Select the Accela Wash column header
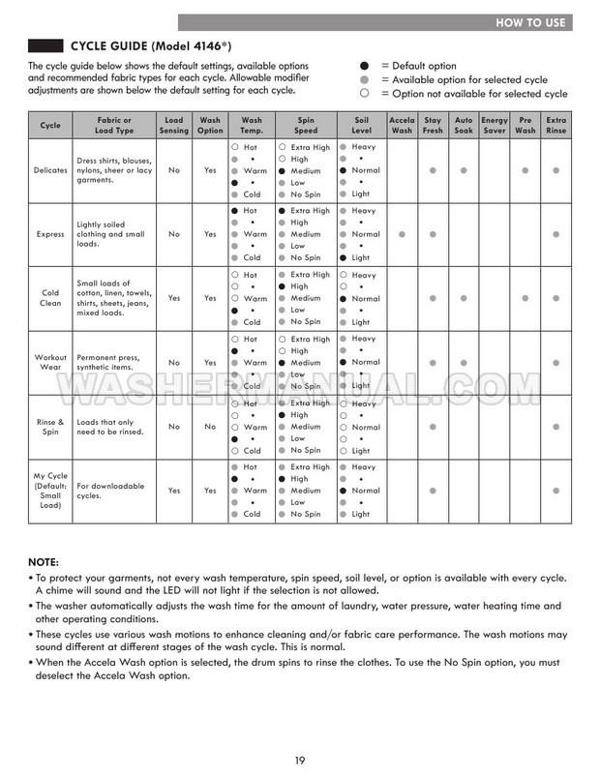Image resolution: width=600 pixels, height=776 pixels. click(x=402, y=125)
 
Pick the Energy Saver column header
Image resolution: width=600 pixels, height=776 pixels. click(x=495, y=125)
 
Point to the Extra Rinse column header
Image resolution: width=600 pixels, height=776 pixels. click(x=555, y=125)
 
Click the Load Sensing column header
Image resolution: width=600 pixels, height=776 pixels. click(x=174, y=125)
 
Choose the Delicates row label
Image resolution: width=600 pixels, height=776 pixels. click(x=49, y=170)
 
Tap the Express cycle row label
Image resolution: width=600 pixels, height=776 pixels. click(x=49, y=234)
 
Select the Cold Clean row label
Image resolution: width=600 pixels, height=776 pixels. click(x=49, y=298)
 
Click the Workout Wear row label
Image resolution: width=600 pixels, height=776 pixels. click(x=49, y=363)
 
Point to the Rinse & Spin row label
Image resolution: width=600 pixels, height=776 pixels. click(x=49, y=427)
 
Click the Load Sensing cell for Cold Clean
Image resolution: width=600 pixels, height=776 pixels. click(x=174, y=298)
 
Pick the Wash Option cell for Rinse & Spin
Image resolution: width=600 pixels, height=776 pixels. click(x=211, y=427)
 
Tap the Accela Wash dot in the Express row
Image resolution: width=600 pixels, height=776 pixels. click(x=402, y=234)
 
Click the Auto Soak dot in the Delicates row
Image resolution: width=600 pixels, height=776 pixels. click(x=464, y=170)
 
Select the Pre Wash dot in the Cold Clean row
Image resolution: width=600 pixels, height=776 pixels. click(x=525, y=298)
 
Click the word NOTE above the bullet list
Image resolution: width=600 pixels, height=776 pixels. click(x=44, y=562)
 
